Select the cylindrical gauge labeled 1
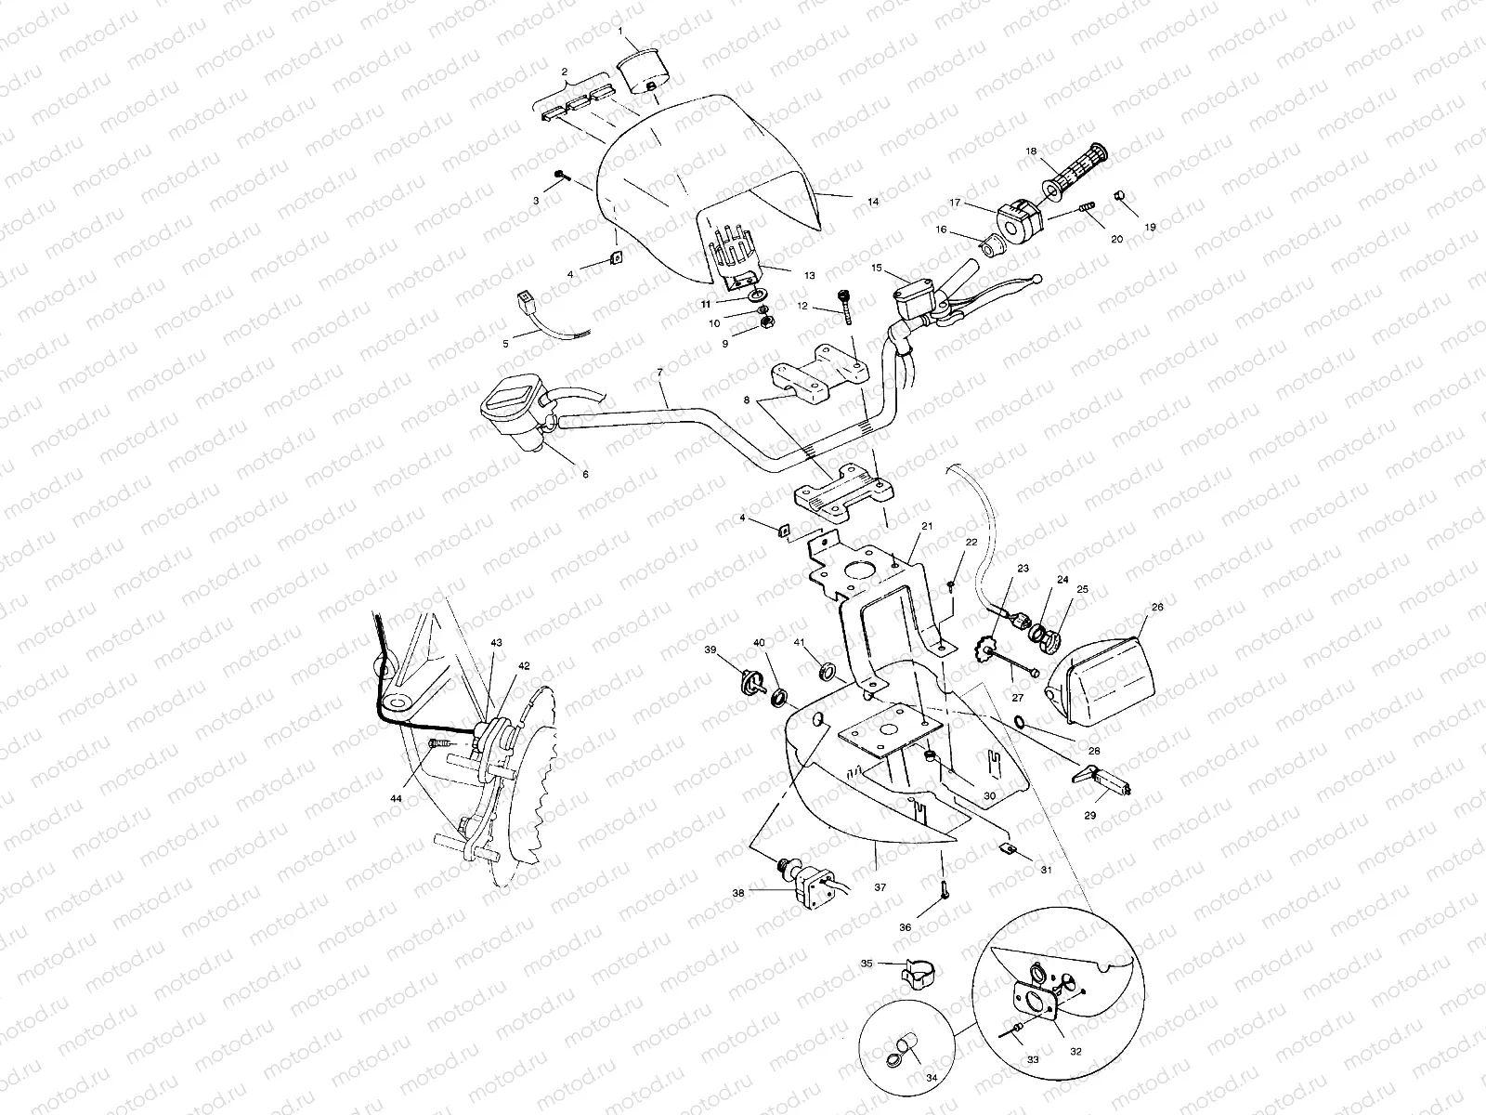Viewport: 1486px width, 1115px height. (641, 71)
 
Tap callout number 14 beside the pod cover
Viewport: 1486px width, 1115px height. (872, 200)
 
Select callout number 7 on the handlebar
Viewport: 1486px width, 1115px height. (659, 372)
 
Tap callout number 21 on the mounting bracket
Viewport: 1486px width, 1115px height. (927, 525)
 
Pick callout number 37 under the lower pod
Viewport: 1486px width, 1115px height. (880, 887)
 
